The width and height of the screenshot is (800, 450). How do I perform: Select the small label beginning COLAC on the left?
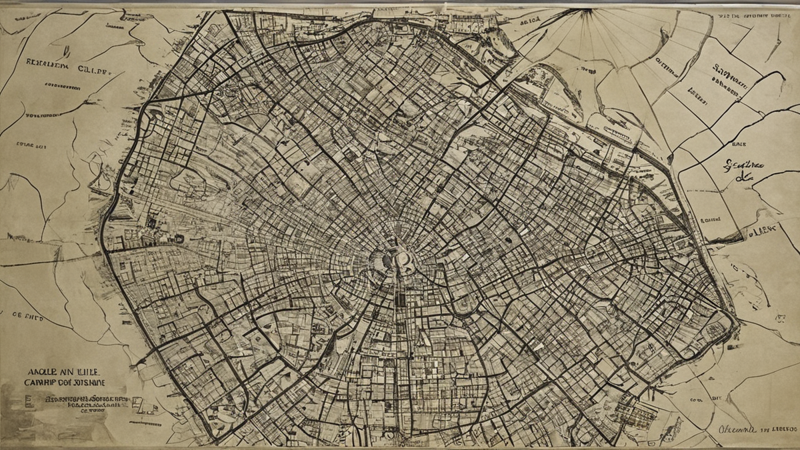coord(31,144)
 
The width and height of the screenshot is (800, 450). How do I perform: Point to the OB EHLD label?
coord(25,317)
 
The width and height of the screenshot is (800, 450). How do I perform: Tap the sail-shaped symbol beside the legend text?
coord(137,403)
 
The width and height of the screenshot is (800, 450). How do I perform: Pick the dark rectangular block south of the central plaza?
coord(400,301)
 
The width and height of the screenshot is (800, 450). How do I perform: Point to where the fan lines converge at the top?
coord(586,11)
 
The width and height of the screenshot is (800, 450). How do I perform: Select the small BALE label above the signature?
coord(739,143)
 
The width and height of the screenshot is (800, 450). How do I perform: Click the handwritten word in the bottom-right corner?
coord(737,430)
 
